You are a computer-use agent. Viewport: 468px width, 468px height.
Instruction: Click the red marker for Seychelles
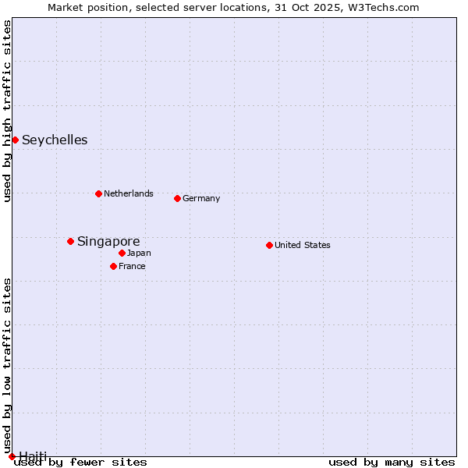15,140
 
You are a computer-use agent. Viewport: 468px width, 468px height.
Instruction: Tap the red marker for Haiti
12,456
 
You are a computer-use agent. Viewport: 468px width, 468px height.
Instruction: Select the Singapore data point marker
70,241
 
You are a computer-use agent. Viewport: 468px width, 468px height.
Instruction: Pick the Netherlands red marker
98,193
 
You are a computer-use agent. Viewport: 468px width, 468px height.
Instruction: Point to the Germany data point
177,198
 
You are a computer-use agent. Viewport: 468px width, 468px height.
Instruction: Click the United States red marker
269,245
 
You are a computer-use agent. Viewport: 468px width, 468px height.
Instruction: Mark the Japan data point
122,253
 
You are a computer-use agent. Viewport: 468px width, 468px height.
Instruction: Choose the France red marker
113,266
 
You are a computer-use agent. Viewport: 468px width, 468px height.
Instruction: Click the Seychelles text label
55,140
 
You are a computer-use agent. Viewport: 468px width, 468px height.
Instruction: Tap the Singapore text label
108,242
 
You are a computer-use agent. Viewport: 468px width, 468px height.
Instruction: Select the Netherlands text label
128,193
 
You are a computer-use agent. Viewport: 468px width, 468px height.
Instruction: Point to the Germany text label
201,198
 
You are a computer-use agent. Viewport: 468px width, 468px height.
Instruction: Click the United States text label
303,245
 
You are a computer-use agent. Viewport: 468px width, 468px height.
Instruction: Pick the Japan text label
139,253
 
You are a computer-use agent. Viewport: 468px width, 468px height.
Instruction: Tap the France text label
132,266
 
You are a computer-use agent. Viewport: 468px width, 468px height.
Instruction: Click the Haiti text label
33,456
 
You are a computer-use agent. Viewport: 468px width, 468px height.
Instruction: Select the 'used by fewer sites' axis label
80,463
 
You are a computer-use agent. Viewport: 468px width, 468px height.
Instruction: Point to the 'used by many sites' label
392,463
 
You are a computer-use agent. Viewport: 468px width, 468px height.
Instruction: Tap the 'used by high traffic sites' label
7,112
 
